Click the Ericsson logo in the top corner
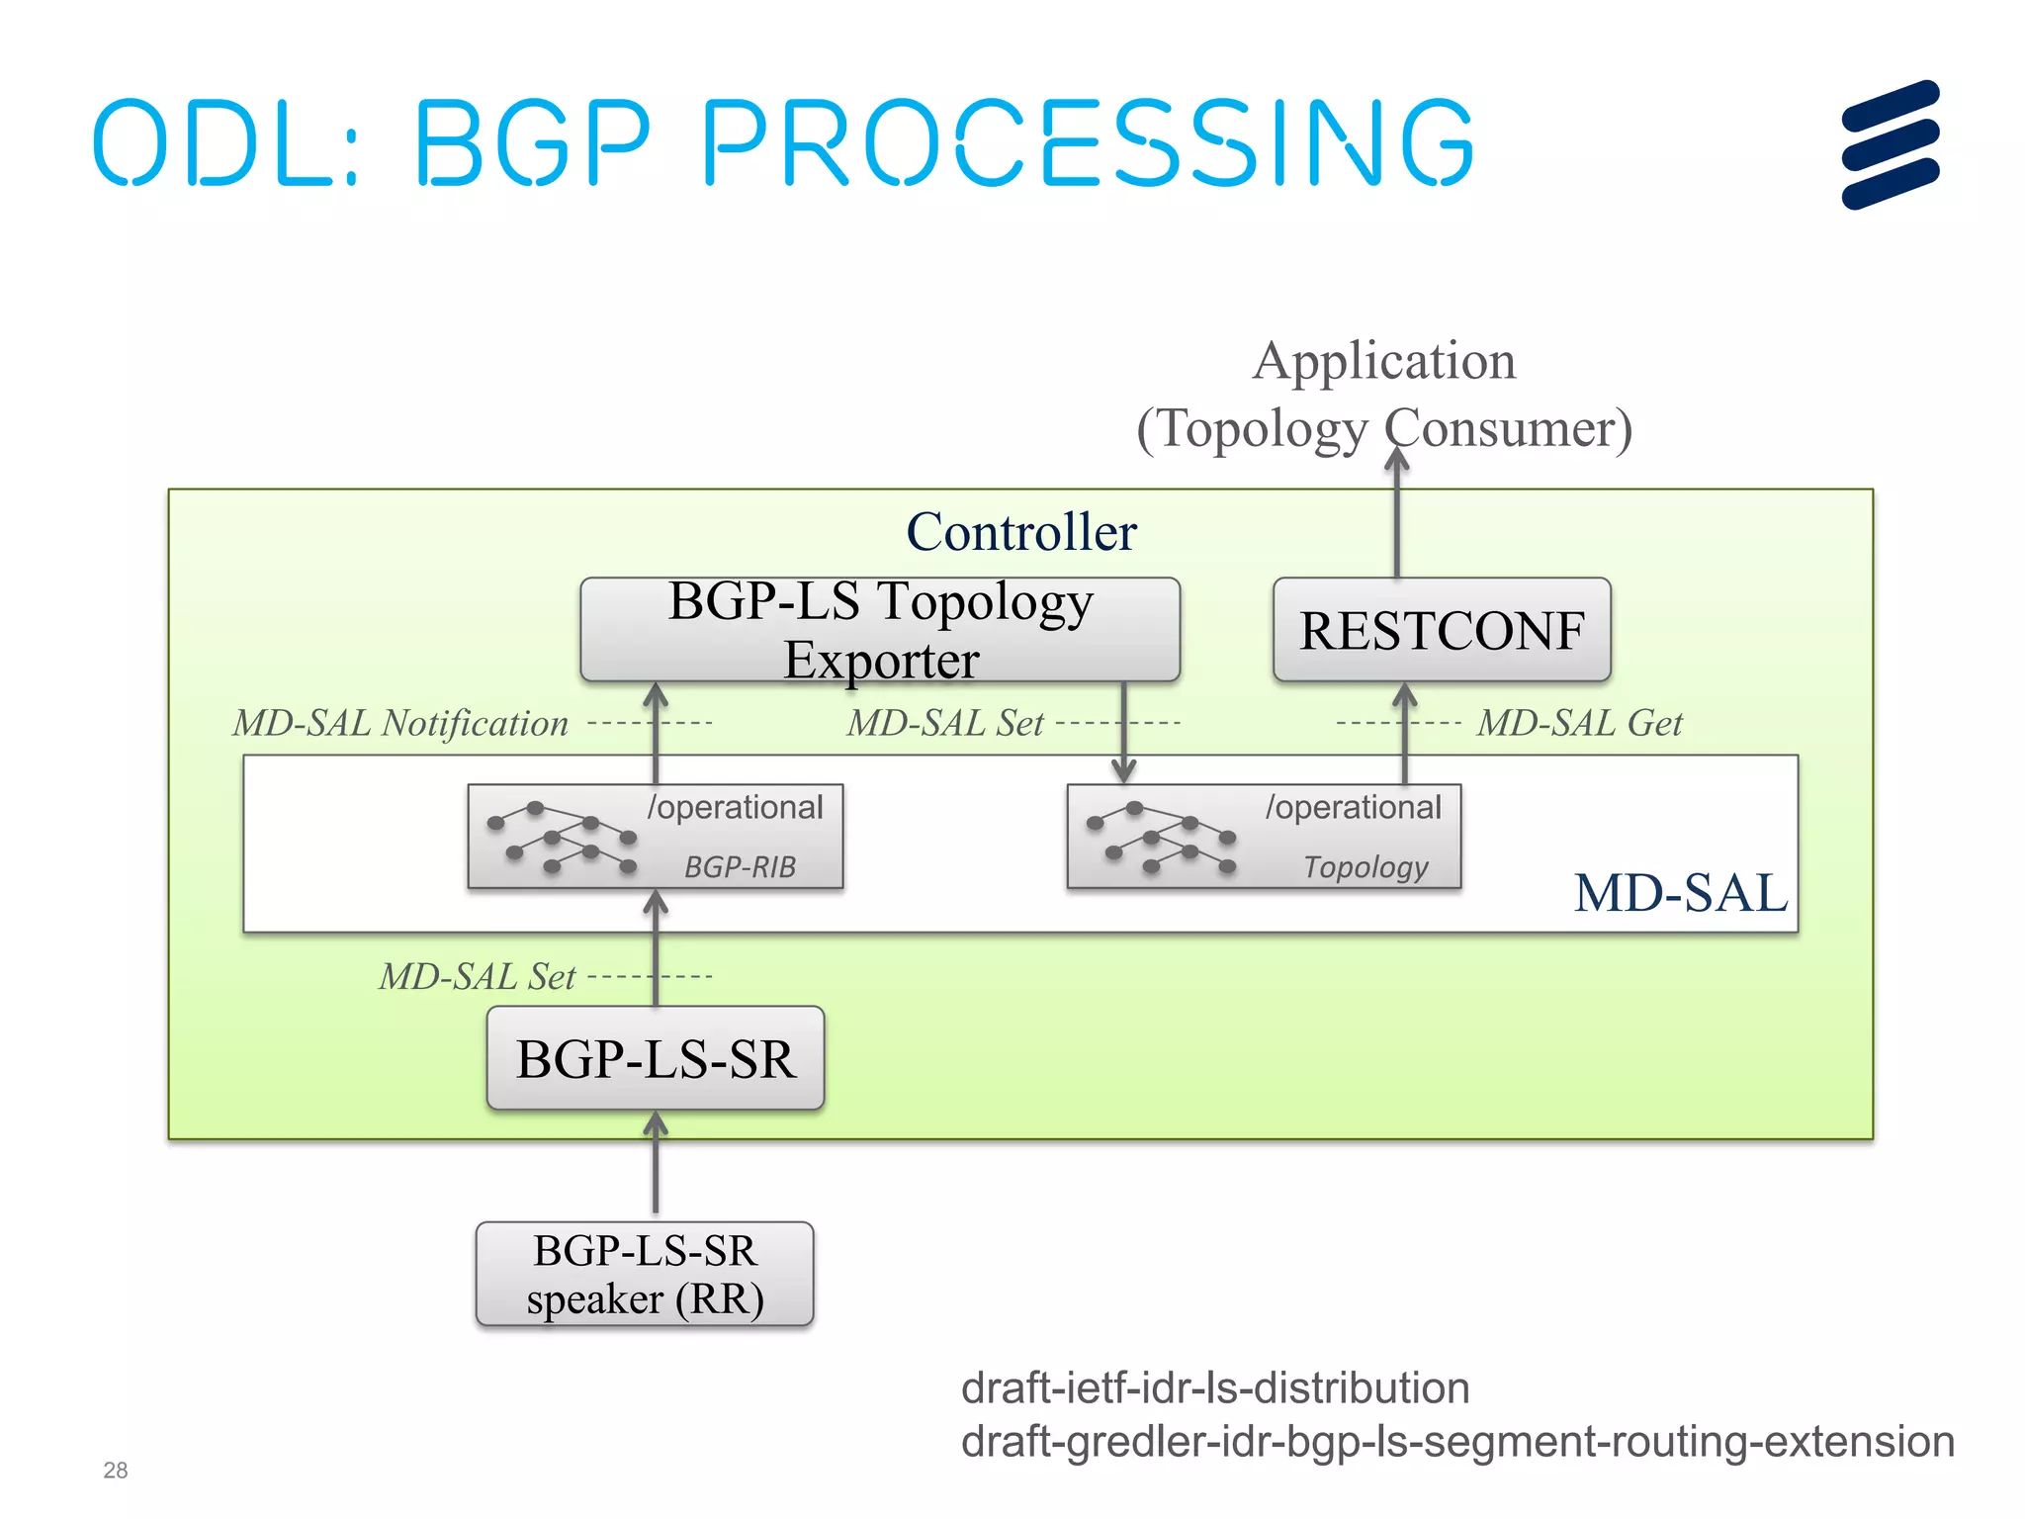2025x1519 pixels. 1890,144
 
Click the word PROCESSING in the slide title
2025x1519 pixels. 1088,144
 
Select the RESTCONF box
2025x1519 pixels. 1442,631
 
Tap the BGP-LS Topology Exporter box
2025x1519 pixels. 880,630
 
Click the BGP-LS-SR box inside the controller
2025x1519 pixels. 655,1058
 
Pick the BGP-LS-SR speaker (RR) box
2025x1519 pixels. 645,1274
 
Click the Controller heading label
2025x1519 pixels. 1021,532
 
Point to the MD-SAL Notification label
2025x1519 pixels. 400,723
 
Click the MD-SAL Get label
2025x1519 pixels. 1579,723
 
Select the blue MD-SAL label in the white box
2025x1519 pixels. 1680,892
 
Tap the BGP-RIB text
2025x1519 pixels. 740,867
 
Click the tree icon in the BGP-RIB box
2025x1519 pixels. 562,838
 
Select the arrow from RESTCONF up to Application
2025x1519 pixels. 1396,514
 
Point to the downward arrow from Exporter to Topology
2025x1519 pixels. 1123,732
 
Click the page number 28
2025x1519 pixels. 115,1471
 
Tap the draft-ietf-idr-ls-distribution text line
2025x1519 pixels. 1214,1387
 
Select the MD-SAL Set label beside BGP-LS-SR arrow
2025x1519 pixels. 477,977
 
